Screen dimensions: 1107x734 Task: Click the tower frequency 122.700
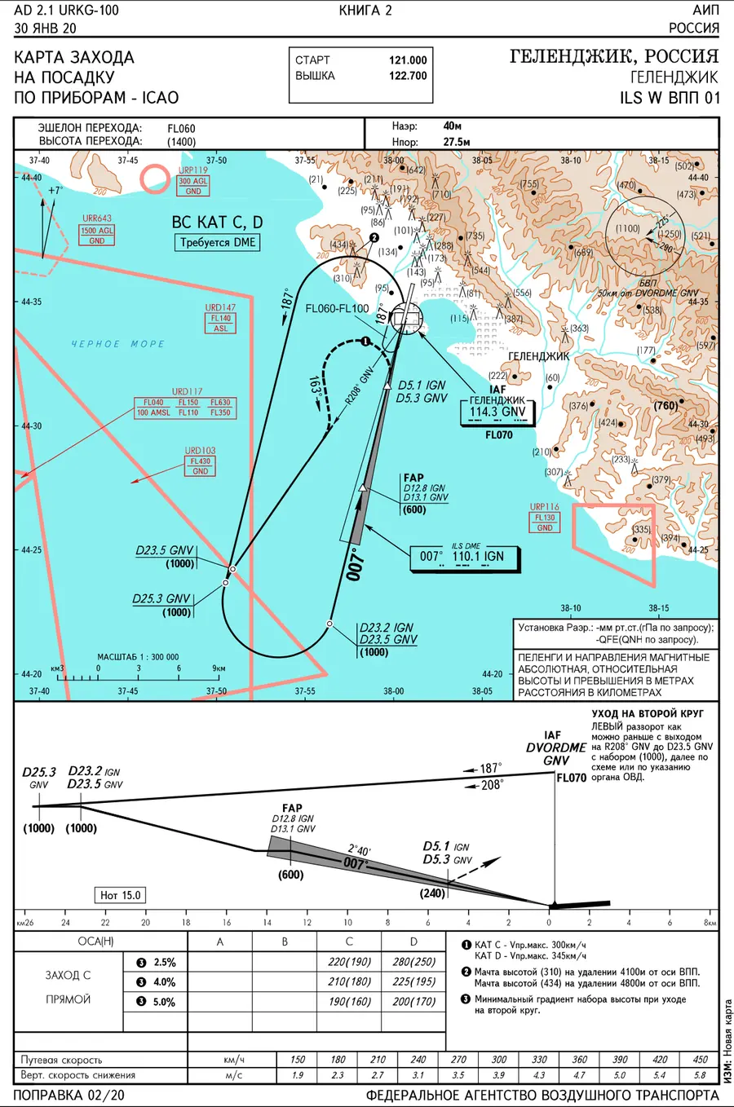tap(408, 76)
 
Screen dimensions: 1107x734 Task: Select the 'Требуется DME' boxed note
tap(217, 242)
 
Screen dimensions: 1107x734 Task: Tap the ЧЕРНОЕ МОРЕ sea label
tap(117, 344)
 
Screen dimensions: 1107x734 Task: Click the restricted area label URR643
tap(96, 218)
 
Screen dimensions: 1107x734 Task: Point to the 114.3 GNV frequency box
tap(497, 412)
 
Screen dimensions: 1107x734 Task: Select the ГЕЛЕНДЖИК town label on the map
tap(539, 356)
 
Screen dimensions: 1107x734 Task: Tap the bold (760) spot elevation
tap(665, 405)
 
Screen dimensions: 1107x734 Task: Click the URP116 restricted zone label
tap(544, 507)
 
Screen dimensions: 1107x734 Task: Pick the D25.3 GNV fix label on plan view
tap(162, 598)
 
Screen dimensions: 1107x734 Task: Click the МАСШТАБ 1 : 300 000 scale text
tap(138, 657)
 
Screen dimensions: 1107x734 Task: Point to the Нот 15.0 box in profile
tap(120, 895)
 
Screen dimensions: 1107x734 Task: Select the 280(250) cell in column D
tap(413, 962)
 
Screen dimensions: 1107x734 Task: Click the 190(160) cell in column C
tap(349, 1002)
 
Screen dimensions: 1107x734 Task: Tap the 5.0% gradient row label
tap(164, 1002)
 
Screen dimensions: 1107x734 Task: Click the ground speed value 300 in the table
tap(498, 1060)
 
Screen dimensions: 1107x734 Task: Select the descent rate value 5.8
tap(700, 1075)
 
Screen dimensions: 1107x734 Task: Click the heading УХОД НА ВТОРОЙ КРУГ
tap(648, 713)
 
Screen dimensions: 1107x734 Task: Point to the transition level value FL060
tap(181, 128)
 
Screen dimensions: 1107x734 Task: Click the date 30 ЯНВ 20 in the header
tap(45, 28)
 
